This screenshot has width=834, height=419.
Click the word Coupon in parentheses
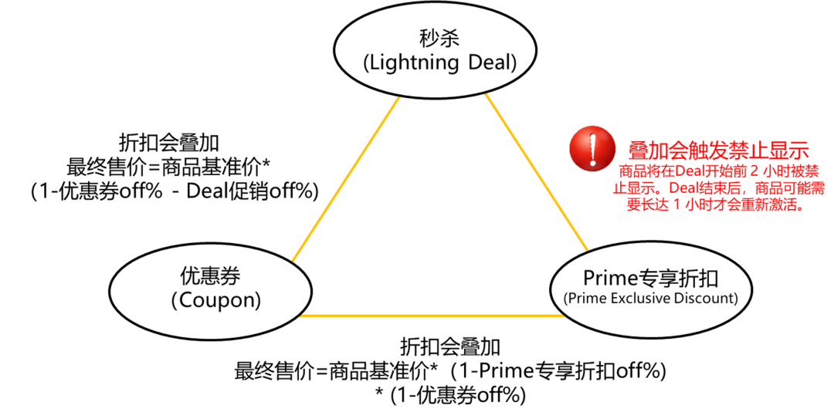(215, 300)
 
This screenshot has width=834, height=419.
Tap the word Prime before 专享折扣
(609, 277)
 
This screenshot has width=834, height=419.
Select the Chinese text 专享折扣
(676, 277)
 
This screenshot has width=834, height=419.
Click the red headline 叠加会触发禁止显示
(718, 150)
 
